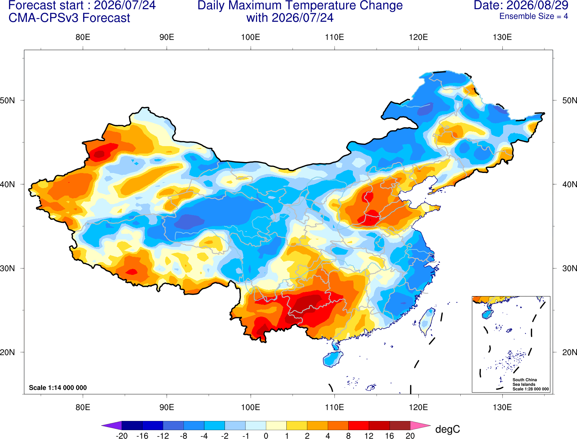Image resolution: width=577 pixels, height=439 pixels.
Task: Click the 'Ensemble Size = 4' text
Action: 534,16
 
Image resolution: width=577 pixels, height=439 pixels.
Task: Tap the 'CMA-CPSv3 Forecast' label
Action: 69,18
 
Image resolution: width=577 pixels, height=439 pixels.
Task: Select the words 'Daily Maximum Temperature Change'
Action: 300,5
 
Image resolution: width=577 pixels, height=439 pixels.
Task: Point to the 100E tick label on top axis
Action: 251,37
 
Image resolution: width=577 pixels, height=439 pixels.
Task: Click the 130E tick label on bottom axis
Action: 502,408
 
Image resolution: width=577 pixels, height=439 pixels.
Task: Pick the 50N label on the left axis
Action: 7,100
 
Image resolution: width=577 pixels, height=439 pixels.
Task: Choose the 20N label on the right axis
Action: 569,352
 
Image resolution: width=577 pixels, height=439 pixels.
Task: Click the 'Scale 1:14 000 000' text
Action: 58,387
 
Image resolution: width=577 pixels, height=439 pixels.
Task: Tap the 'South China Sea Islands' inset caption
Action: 525,382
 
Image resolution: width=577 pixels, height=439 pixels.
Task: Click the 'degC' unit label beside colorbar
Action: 447,429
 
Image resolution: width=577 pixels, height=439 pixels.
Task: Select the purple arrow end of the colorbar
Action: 111,425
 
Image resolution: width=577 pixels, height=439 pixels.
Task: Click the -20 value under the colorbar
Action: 122,436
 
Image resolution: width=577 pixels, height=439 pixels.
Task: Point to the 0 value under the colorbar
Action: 266,436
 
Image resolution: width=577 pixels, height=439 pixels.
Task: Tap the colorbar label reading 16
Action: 390,436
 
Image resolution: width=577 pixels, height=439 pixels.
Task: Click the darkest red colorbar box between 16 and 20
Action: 400,425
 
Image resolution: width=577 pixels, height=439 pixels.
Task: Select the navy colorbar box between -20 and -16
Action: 132,425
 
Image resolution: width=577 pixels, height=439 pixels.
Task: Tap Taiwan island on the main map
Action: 426,322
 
